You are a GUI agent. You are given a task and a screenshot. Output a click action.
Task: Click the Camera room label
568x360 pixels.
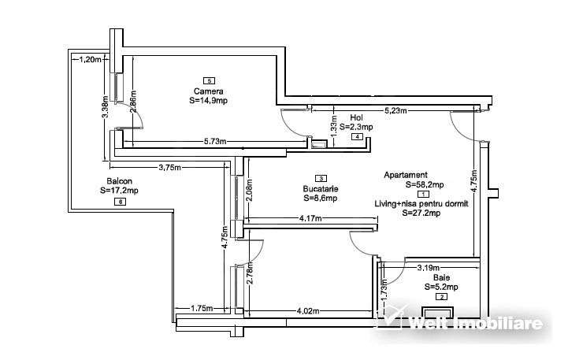(x=209, y=91)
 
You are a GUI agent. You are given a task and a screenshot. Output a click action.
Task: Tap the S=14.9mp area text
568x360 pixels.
(x=209, y=102)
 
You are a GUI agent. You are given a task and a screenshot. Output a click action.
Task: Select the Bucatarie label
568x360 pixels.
(x=320, y=189)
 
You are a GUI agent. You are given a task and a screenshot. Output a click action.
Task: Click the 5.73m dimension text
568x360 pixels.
(x=213, y=142)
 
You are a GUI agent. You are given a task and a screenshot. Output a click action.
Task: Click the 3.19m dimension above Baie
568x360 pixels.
(x=428, y=267)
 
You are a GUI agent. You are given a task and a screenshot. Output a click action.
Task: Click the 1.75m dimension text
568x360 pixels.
(x=202, y=309)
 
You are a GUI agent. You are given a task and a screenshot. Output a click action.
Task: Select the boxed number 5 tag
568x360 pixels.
(x=209, y=80)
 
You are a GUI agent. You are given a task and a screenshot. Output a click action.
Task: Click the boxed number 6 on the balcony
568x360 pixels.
(x=119, y=202)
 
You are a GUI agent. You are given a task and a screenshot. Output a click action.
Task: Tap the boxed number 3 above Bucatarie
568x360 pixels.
(x=320, y=179)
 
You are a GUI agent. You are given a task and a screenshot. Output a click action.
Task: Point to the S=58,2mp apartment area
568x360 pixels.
(x=425, y=185)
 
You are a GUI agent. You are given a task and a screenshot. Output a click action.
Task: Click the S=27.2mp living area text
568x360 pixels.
(x=425, y=213)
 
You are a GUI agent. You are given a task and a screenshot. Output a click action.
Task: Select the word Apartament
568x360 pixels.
(x=406, y=175)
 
